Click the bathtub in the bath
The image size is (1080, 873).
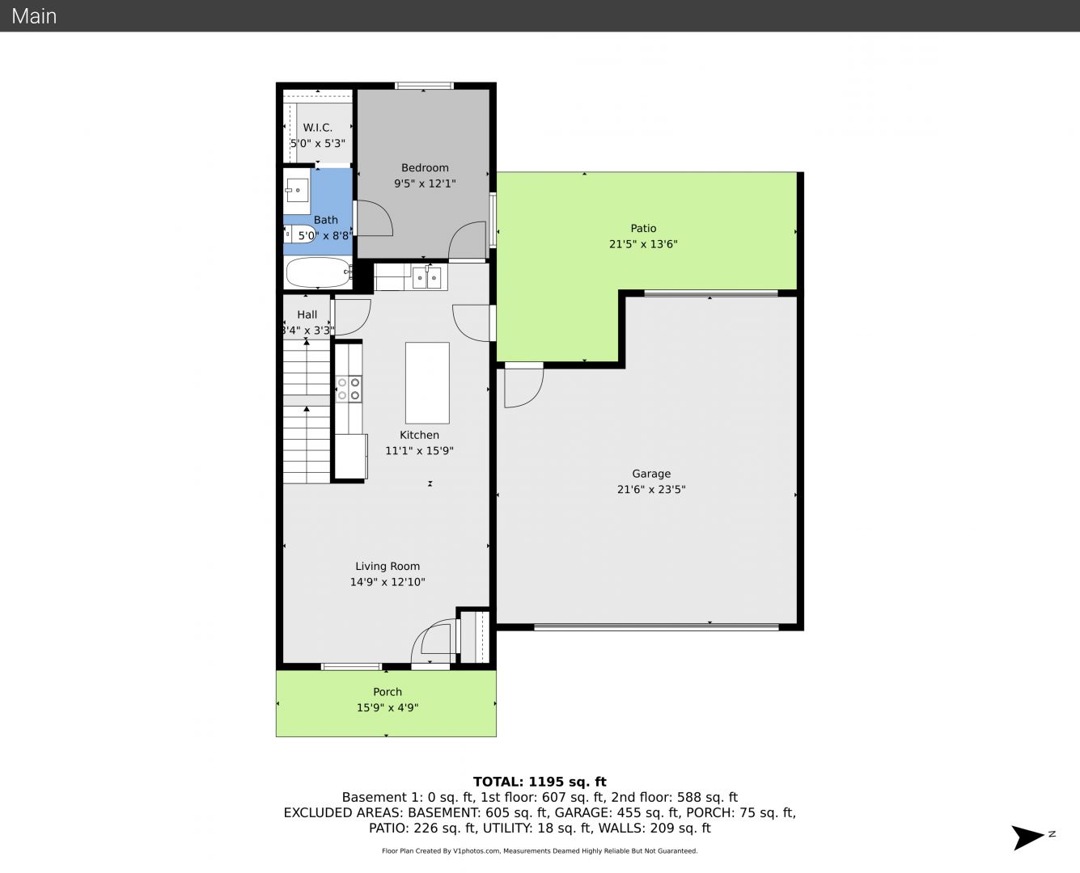click(318, 272)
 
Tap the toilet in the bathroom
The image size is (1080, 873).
click(299, 234)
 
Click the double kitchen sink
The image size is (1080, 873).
click(426, 277)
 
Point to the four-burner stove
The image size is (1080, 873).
click(349, 389)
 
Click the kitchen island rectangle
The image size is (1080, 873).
click(427, 383)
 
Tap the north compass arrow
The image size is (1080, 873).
click(1027, 837)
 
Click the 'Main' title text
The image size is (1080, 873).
click(34, 16)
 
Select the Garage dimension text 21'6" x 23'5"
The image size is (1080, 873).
click(651, 490)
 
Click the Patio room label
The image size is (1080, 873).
click(643, 228)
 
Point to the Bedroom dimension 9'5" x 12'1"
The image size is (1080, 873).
click(425, 183)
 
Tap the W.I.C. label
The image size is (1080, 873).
click(317, 128)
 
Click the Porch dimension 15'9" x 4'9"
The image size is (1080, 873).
click(388, 708)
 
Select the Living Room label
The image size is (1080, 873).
click(388, 567)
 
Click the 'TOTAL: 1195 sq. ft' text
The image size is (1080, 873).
click(540, 782)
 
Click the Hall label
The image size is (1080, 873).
click(307, 314)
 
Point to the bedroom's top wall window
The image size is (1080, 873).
click(424, 86)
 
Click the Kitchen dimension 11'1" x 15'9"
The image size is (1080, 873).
click(419, 451)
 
